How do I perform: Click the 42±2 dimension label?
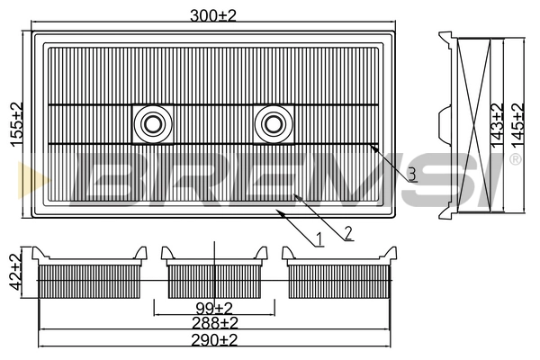[15, 270]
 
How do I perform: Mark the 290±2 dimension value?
[214, 339]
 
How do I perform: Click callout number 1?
[319, 239]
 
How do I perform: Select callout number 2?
[347, 233]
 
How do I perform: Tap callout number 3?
[410, 175]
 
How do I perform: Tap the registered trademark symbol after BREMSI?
[515, 159]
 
